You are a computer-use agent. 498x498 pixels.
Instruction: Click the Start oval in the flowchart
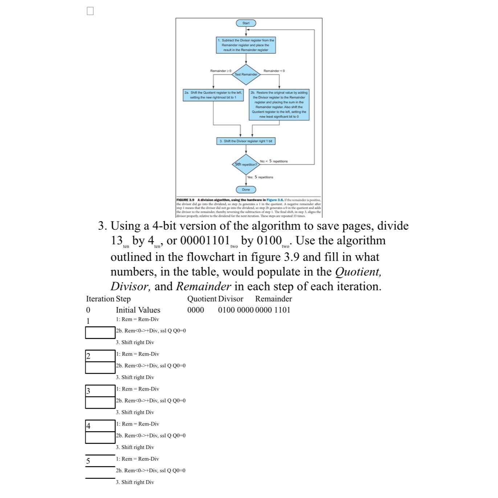(246, 23)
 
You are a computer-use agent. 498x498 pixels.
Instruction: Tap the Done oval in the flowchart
(246, 189)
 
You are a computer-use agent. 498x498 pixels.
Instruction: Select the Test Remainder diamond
(246, 74)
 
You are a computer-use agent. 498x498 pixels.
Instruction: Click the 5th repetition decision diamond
(246, 164)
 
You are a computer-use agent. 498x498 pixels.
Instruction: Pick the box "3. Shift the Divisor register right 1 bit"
(246, 141)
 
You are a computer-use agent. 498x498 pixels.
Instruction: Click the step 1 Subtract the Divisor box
(246, 45)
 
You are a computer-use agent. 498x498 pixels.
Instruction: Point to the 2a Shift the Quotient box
(213, 95)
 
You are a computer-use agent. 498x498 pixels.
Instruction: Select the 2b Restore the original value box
(279, 105)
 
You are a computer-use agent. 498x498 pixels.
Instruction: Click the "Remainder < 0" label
(274, 71)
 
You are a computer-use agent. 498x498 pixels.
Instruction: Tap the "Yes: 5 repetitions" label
(260, 177)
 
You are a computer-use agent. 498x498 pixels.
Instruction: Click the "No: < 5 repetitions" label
(274, 161)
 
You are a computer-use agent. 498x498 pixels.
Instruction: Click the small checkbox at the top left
(90, 11)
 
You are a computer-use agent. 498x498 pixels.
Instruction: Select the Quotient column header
(202, 299)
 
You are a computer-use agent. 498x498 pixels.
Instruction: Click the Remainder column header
(273, 299)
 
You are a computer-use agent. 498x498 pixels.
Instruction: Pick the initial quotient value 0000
(196, 310)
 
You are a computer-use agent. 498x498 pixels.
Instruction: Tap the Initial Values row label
(138, 310)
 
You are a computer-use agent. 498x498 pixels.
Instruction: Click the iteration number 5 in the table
(88, 461)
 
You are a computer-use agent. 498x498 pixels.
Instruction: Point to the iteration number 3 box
(100, 391)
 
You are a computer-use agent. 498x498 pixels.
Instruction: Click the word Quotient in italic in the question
(358, 272)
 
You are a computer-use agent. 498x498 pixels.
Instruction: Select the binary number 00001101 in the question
(205, 241)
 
